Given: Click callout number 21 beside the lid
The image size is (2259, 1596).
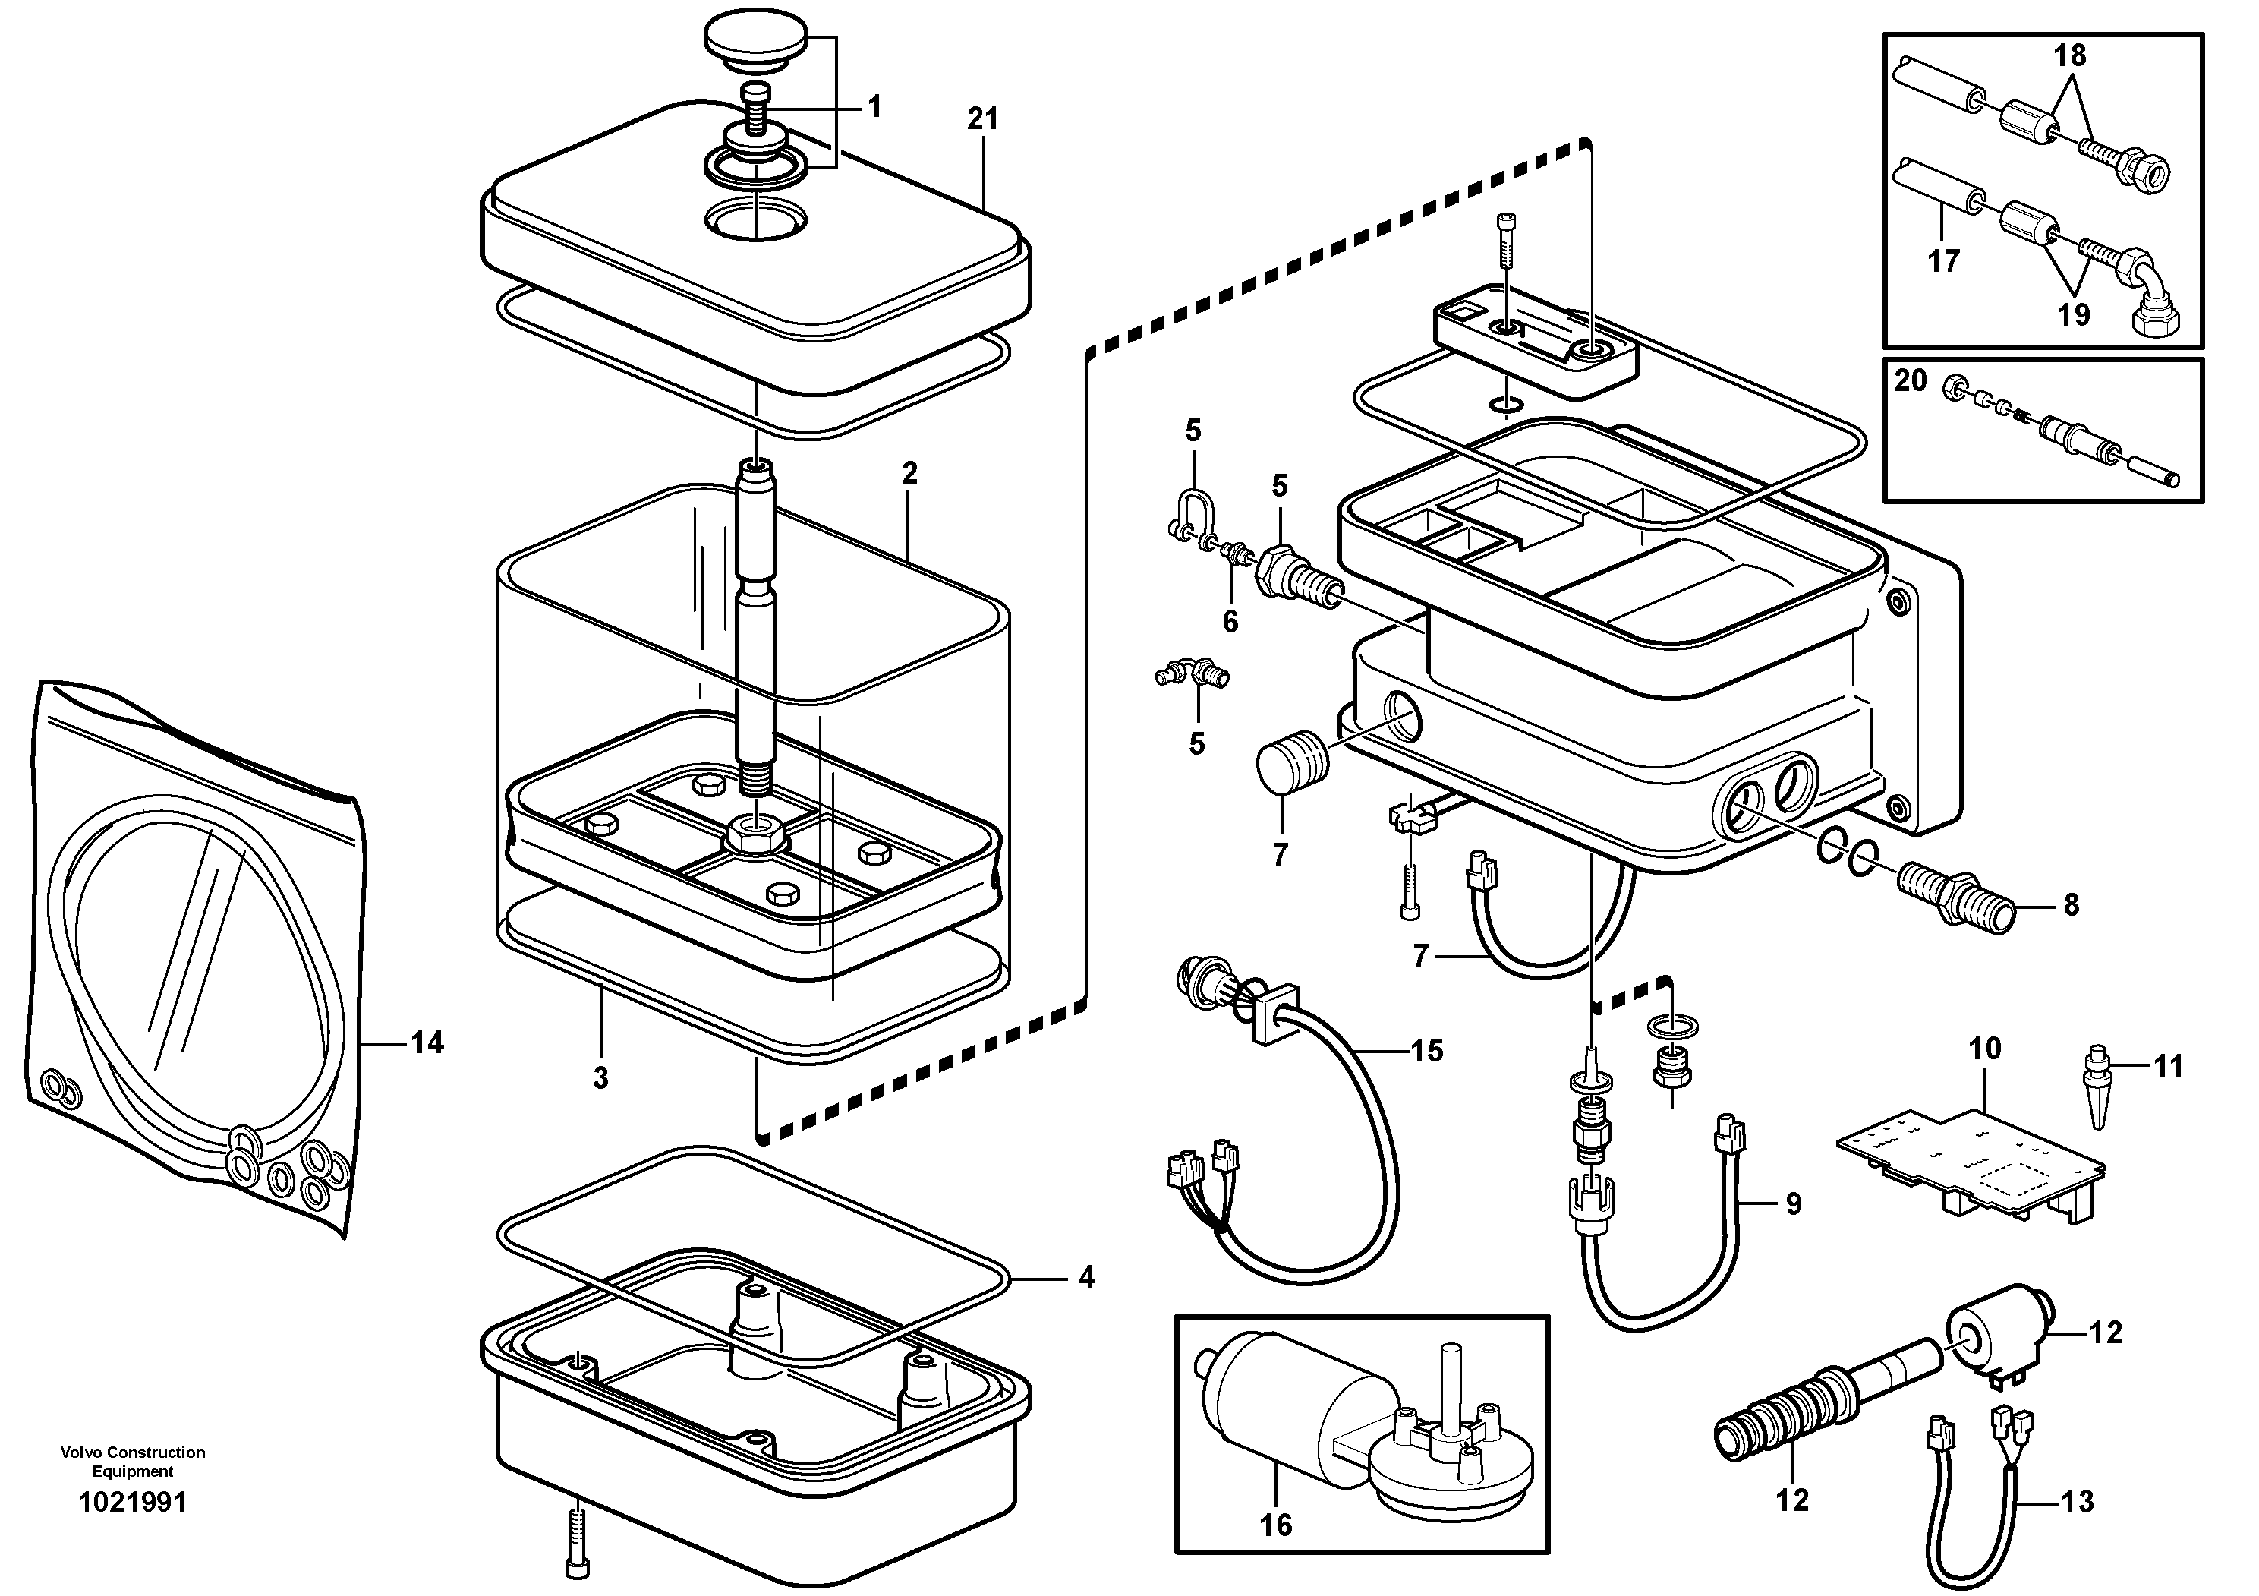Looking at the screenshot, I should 982,119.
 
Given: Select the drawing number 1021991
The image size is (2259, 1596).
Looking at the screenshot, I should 133,1503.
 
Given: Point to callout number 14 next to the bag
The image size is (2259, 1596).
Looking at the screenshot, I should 427,1042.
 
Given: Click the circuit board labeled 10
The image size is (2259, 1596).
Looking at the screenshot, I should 1971,1164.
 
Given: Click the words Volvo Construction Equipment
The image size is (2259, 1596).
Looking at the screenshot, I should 133,1461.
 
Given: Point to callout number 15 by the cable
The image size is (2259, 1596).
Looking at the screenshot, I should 1426,1051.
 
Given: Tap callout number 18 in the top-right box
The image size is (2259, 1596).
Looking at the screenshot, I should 2069,57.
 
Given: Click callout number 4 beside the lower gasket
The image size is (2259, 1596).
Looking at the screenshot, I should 1085,1278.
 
